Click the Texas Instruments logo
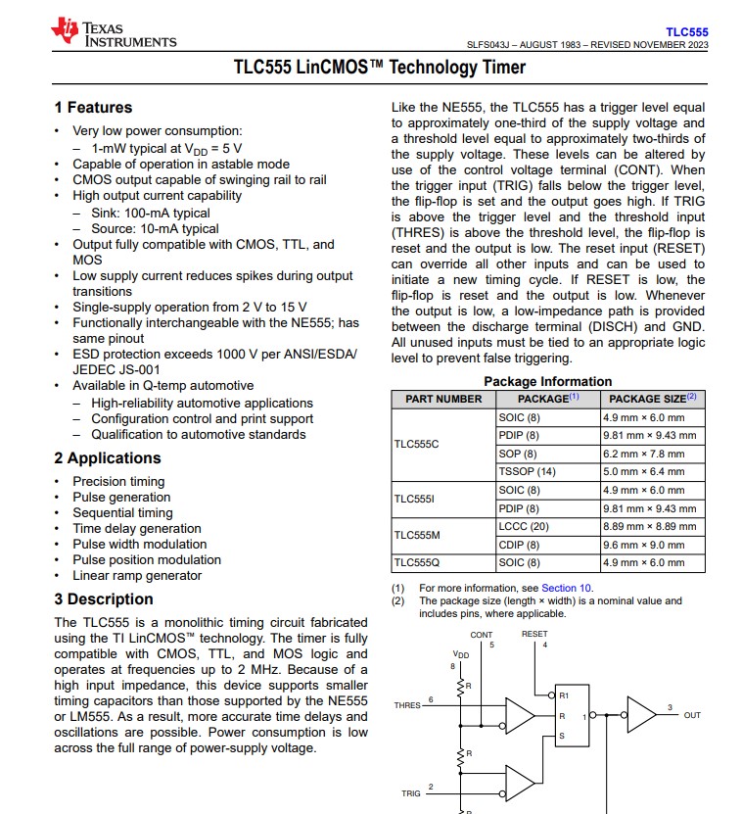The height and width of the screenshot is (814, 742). (116, 33)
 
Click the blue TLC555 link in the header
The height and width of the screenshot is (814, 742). (686, 32)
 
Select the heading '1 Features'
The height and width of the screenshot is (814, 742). (93, 108)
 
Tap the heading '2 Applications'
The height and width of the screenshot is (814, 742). (108, 458)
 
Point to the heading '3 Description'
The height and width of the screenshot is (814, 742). (104, 599)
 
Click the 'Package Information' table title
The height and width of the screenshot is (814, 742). (547, 381)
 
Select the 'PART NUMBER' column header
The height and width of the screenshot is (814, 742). (443, 399)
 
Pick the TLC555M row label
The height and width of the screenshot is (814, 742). (417, 535)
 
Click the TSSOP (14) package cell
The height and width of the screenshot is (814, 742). (527, 471)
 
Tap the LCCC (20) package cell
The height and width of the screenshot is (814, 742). (524, 526)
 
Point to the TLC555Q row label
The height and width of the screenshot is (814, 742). (416, 562)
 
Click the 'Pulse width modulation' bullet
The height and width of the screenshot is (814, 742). (139, 545)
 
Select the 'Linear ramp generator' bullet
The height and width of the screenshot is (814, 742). (137, 576)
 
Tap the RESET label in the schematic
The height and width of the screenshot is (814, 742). (534, 634)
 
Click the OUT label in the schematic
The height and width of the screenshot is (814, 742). (692, 715)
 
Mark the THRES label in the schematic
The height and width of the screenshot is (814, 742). (407, 705)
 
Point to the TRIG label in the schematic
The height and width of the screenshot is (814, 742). (410, 793)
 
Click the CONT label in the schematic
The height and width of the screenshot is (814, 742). (482, 635)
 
